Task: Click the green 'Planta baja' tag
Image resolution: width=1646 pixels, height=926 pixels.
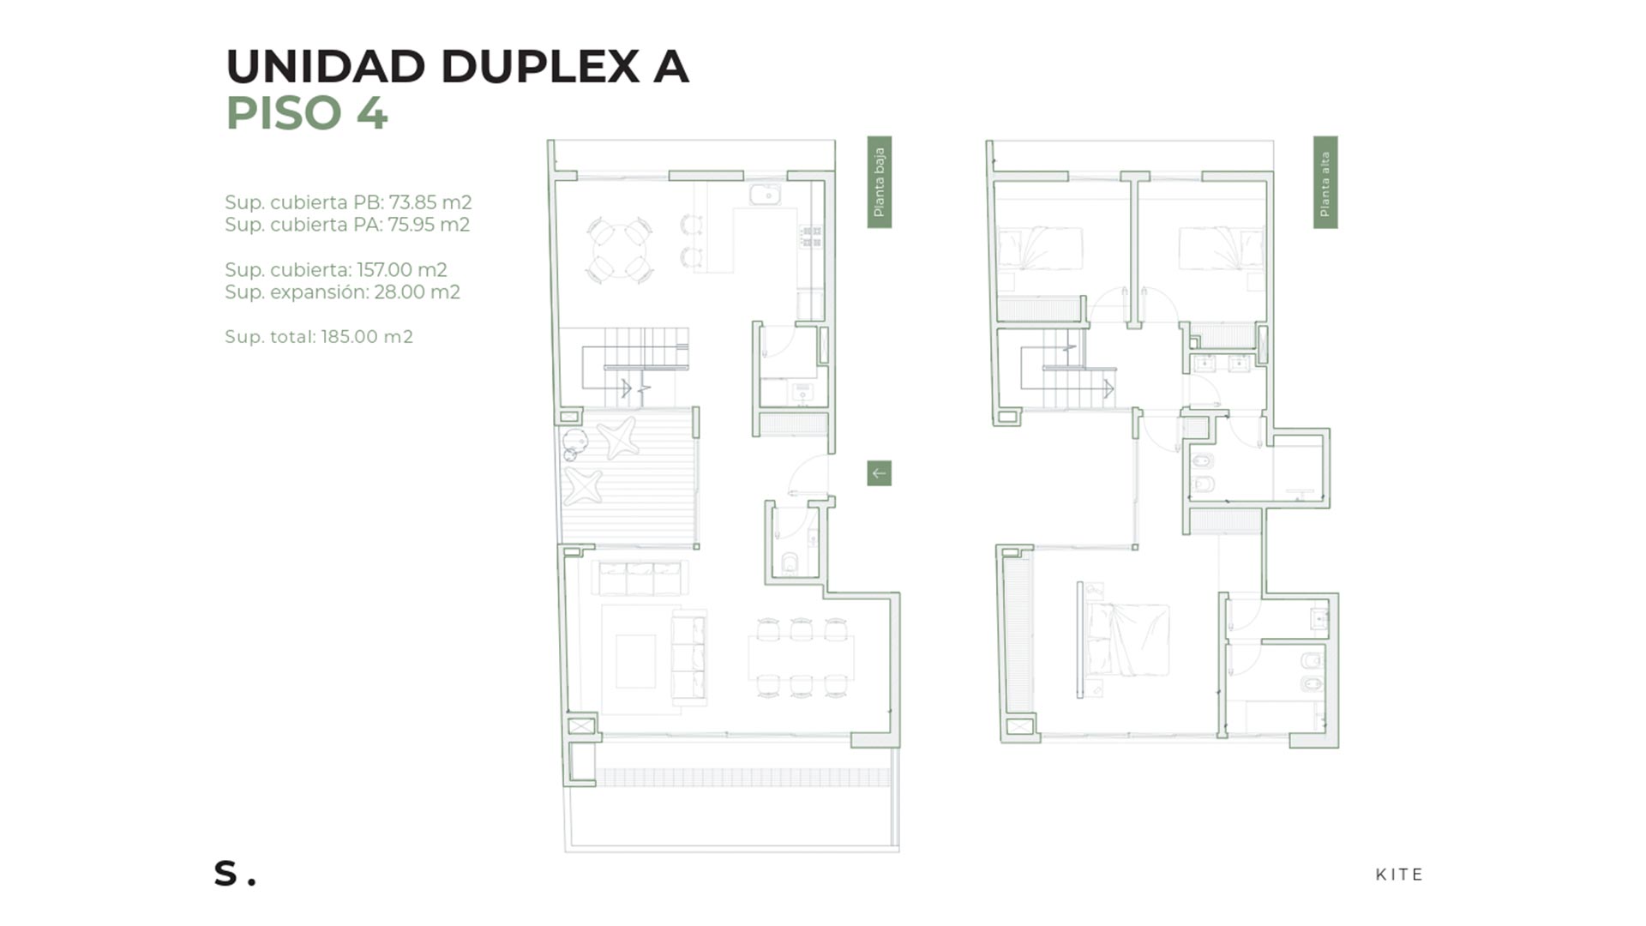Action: click(x=880, y=182)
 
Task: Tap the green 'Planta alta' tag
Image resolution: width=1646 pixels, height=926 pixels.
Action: click(x=1325, y=182)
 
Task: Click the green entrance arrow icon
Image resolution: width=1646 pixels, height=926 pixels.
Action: click(x=879, y=473)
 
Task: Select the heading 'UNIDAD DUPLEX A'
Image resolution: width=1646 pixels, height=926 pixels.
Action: click(x=457, y=67)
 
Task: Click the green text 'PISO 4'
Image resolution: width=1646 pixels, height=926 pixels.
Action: click(x=307, y=113)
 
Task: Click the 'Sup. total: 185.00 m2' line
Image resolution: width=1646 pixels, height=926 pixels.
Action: click(x=319, y=337)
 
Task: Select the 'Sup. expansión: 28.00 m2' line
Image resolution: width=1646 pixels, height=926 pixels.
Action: click(x=342, y=292)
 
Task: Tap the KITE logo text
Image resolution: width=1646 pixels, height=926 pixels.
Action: click(x=1399, y=875)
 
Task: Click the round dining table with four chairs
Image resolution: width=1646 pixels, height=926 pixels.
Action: click(x=619, y=250)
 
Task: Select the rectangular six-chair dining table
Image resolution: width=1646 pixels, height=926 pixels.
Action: click(x=801, y=658)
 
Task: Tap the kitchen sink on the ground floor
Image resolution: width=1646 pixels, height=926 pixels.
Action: click(x=765, y=195)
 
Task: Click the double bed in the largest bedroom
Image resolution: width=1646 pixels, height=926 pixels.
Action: click(x=1125, y=640)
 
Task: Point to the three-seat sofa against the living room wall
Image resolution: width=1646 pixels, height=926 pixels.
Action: click(x=640, y=578)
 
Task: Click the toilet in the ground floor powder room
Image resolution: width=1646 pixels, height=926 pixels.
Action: click(x=790, y=563)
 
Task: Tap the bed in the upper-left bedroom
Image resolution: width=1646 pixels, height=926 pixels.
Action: click(x=1039, y=249)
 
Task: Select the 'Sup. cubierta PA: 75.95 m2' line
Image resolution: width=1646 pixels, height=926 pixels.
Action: click(x=347, y=225)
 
